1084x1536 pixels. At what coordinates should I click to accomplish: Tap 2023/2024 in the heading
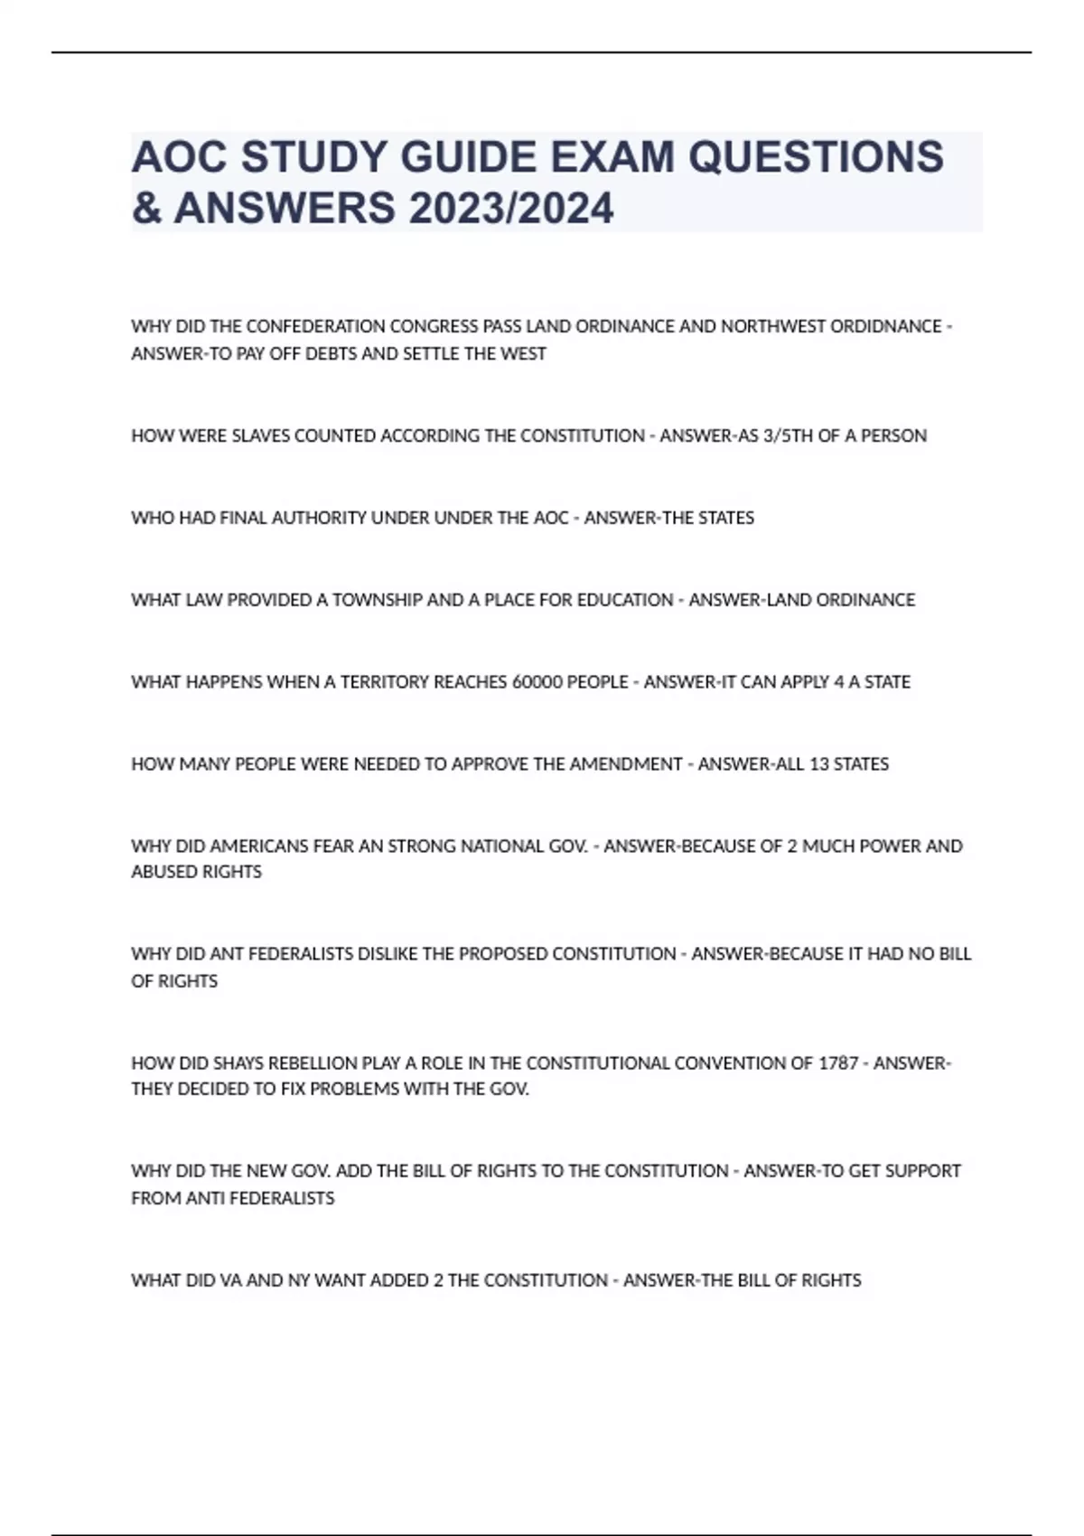click(510, 209)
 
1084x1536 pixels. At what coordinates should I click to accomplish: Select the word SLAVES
click(261, 436)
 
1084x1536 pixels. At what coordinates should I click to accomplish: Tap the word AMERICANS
click(257, 847)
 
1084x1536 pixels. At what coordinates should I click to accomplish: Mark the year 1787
click(838, 1063)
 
